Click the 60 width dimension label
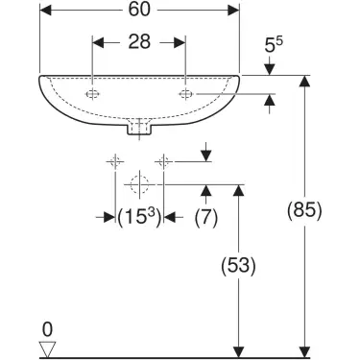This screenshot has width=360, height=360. click(139, 10)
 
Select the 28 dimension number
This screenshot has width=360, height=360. click(139, 42)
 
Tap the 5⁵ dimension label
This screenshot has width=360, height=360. click(274, 44)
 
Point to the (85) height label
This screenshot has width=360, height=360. click(304, 210)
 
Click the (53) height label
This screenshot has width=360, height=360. click(238, 266)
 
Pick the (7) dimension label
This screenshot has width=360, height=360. click(206, 218)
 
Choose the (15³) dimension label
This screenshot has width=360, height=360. click(139, 218)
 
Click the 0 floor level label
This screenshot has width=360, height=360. click(47, 329)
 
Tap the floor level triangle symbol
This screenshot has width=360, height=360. click(47, 349)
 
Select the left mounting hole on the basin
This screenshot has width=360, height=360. click(92, 94)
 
